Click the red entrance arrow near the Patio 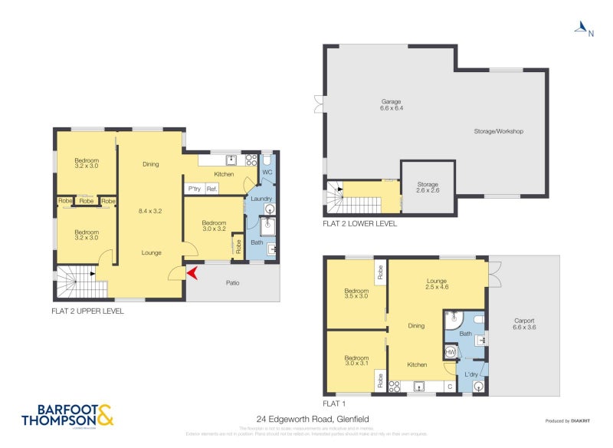[191, 271]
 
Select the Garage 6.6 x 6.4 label [392, 105]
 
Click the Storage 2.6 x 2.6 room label [428, 188]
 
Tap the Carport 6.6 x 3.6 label [525, 324]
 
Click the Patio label [232, 283]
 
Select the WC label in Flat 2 [267, 173]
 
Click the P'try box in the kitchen [194, 189]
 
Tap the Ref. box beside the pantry [211, 189]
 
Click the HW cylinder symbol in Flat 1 [451, 351]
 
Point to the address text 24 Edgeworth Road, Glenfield [313, 418]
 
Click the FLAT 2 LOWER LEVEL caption [359, 224]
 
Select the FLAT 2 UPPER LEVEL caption [87, 311]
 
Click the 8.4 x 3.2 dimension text [151, 210]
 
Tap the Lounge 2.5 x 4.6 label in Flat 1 [436, 285]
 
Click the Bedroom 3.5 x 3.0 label [356, 294]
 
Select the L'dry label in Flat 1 [472, 374]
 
